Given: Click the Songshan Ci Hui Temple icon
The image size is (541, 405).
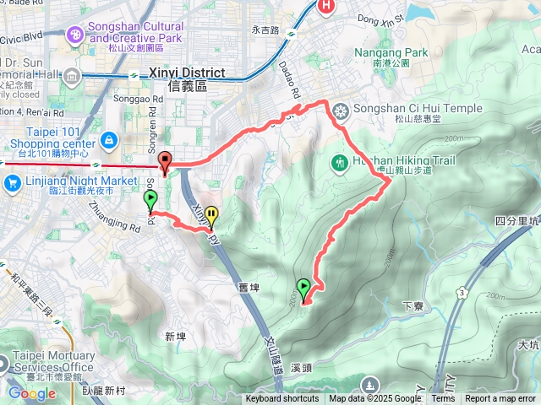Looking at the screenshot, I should click(341, 110).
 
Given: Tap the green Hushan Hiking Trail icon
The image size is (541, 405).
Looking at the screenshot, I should click(340, 161).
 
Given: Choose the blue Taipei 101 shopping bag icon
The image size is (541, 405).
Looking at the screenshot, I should click(109, 139).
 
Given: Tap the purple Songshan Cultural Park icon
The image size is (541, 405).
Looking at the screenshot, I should click(77, 33).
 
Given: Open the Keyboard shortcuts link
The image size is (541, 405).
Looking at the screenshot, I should click(282, 399).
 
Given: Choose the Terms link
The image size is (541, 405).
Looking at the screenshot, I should click(443, 399).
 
